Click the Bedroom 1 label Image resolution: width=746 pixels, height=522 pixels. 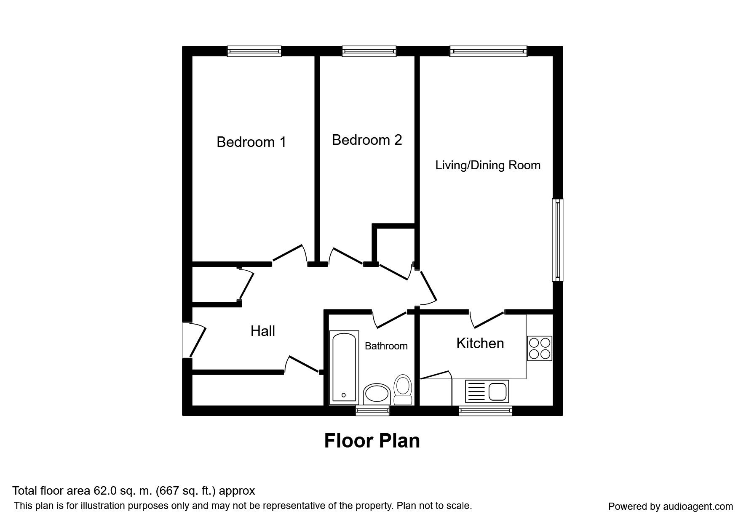click(251, 142)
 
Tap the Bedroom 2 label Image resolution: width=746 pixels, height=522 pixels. click(367, 140)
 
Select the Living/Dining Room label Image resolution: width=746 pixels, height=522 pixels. click(488, 165)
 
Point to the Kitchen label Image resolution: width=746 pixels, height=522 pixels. click(480, 343)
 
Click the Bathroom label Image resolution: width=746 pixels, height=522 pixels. click(386, 346)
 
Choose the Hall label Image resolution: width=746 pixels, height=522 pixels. click(263, 331)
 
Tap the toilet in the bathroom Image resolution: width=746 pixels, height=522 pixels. click(403, 390)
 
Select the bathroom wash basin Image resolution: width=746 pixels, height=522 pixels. click(377, 394)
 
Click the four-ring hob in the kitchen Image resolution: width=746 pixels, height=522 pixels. click(540, 348)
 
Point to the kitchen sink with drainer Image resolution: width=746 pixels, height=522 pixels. click(487, 391)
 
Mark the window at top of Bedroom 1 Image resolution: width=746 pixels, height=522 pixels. click(254, 51)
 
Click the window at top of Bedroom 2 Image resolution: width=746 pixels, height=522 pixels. click(369, 51)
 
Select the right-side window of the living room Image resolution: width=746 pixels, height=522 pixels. click(558, 240)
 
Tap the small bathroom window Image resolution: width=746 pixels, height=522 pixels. click(372, 410)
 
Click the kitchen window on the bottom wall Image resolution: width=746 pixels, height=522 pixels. click(485, 410)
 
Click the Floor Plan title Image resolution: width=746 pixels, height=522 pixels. click(372, 441)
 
